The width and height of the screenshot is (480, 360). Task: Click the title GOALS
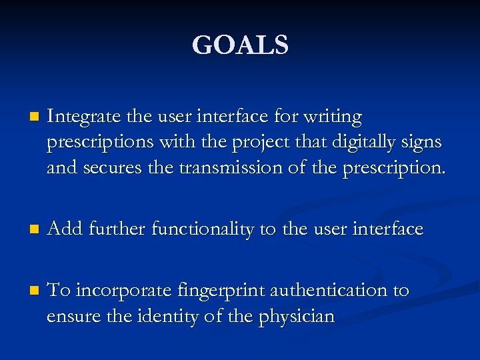[240, 45]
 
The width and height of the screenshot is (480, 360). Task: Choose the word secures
[113, 168]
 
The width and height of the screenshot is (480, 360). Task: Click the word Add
[64, 229]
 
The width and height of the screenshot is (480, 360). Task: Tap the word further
[115, 229]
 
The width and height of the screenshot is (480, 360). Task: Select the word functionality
[203, 230]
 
